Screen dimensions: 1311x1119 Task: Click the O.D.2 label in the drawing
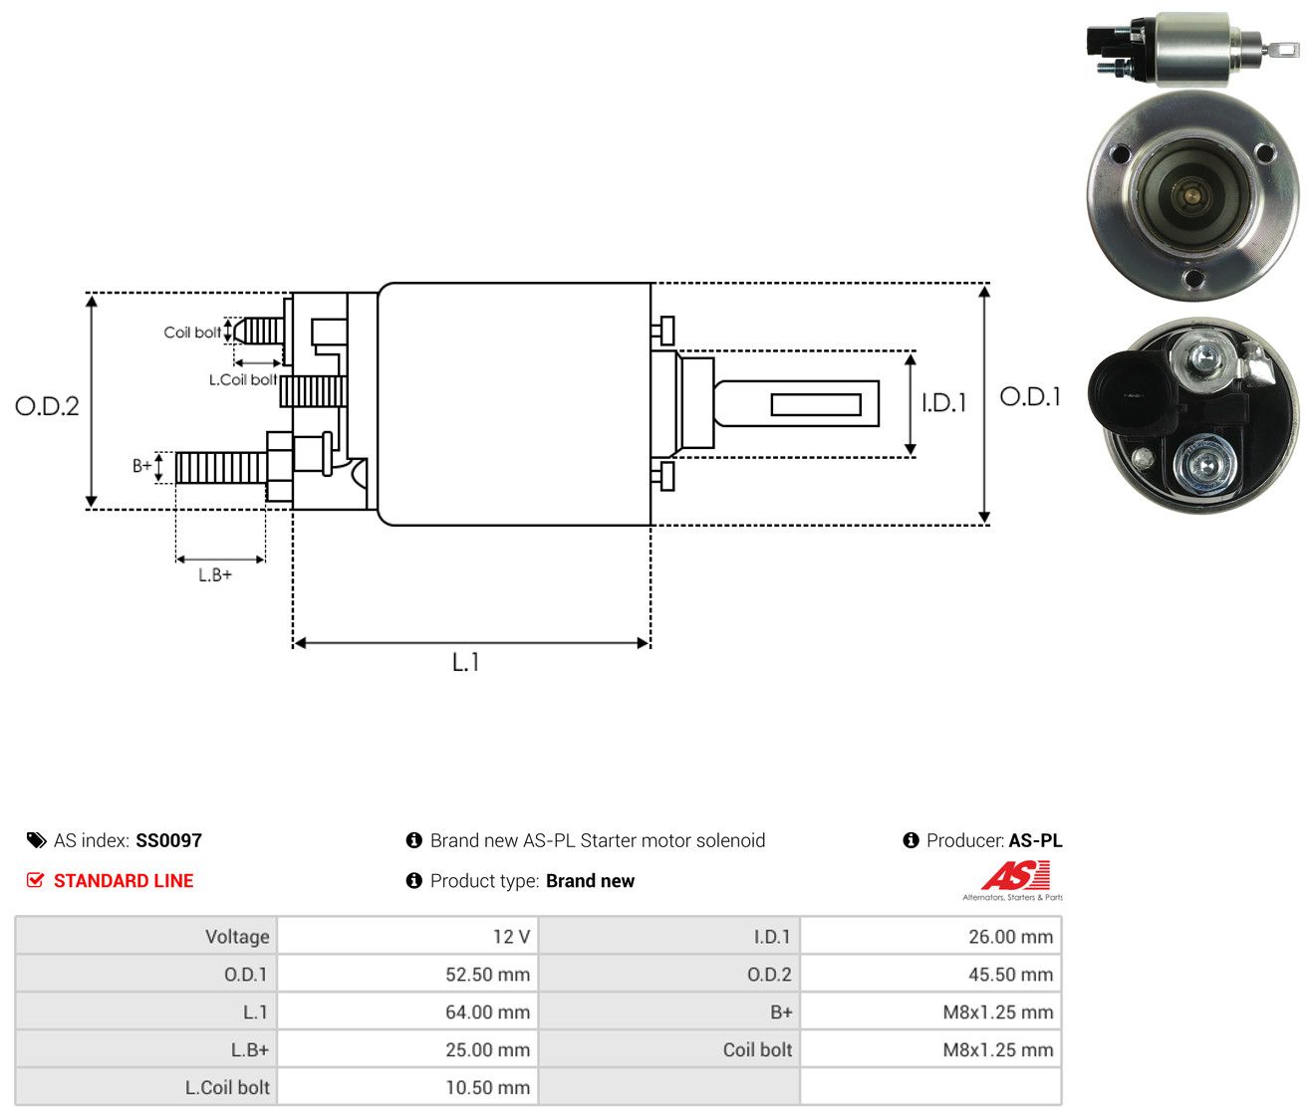47,406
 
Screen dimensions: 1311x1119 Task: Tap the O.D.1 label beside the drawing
1029,396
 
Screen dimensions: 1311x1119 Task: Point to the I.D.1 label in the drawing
943,402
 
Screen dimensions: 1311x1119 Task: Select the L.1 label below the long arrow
465,662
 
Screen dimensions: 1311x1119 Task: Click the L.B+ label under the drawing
215,574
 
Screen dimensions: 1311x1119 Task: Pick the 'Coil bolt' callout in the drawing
192,333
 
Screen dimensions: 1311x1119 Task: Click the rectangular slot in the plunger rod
815,404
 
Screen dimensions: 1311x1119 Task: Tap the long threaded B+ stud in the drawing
220,467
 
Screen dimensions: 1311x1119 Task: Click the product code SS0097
168,840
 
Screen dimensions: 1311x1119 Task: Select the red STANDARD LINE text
124,880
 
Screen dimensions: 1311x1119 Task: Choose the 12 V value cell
407,936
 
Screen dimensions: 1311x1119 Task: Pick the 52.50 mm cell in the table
407,974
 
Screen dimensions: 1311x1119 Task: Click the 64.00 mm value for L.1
407,1011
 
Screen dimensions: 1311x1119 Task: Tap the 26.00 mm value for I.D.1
930,936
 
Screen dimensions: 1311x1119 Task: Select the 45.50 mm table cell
930,974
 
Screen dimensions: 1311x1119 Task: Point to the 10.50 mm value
407,1087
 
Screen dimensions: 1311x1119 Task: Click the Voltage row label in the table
237,937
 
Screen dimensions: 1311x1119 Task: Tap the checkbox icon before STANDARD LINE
36,880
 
